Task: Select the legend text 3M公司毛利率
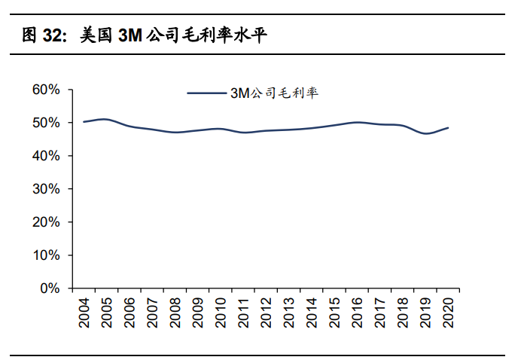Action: pyautogui.click(x=275, y=93)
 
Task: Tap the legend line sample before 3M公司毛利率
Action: pyautogui.click(x=207, y=93)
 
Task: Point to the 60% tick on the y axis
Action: pyautogui.click(x=46, y=90)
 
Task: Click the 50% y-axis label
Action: pyautogui.click(x=46, y=123)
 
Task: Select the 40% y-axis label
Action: pyautogui.click(x=46, y=156)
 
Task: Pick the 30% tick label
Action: pyautogui.click(x=46, y=189)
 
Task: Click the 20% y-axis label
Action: pyautogui.click(x=46, y=222)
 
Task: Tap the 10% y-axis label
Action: pyautogui.click(x=46, y=255)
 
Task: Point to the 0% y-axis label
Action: pyautogui.click(x=50, y=288)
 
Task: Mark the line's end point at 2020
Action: pyautogui.click(x=449, y=127)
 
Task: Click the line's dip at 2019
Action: pyautogui.click(x=426, y=133)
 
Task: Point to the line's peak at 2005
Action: pyautogui.click(x=106, y=119)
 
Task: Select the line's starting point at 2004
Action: pyautogui.click(x=84, y=121)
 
